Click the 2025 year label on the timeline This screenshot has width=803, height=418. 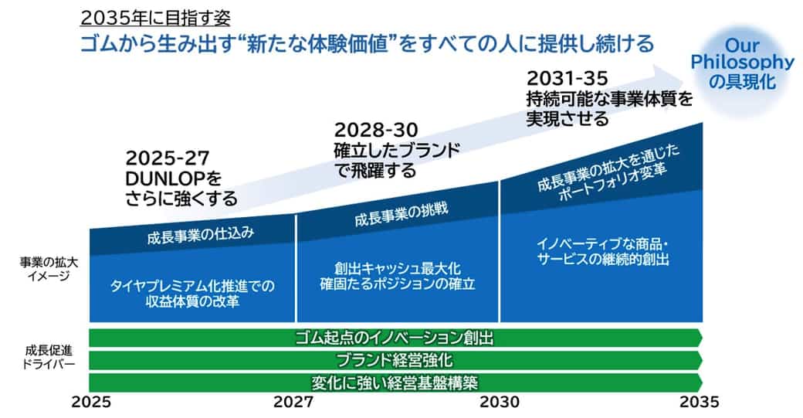point(91,402)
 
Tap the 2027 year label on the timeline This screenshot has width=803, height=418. point(293,402)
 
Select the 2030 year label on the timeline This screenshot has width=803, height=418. point(500,402)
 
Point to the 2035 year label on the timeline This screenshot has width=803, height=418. point(700,402)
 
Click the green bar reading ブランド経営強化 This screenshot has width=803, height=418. point(395,360)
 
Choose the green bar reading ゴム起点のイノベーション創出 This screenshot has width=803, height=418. point(395,338)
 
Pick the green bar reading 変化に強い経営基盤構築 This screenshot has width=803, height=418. point(395,382)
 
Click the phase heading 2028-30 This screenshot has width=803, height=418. point(376,130)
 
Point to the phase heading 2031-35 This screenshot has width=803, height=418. point(568,78)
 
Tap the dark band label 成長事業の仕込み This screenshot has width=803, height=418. point(200,235)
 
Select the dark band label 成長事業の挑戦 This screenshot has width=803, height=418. point(401,213)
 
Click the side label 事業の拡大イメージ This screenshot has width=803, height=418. point(49,269)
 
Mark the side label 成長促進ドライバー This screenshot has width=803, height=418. point(49,357)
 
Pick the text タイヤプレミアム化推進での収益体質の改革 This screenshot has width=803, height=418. point(192,293)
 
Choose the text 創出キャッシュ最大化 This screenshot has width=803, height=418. point(398,268)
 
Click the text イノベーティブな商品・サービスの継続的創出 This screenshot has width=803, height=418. point(603,251)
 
